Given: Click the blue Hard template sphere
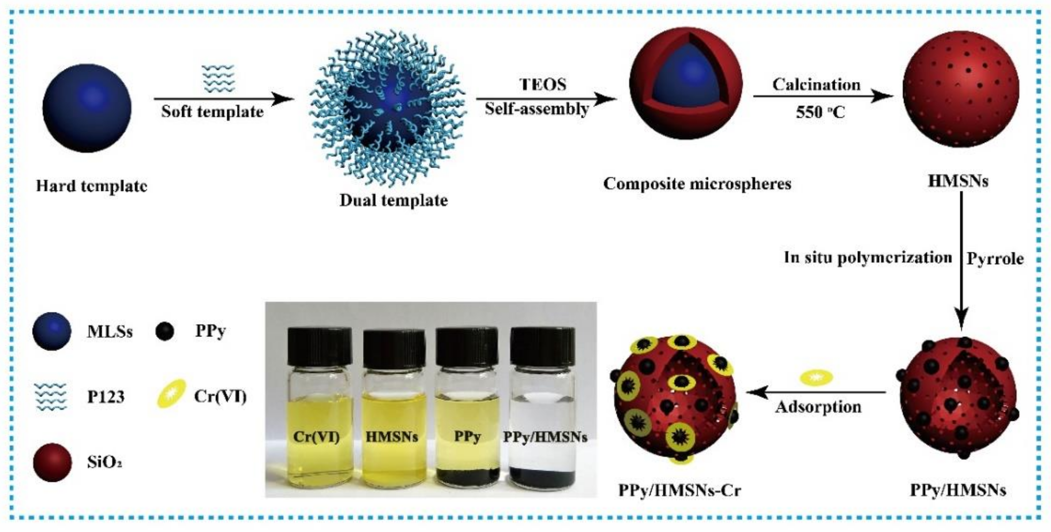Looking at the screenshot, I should coord(87,108).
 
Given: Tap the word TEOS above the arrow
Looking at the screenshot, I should coord(543,84).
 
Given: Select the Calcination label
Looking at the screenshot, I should coord(816,84).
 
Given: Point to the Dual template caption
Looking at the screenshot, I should coord(394,201).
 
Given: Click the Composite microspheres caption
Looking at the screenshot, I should coord(697,184).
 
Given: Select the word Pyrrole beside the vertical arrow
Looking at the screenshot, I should coord(995,259).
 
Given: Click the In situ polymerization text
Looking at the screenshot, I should coord(868,258).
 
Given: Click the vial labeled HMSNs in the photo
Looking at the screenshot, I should coord(394,412).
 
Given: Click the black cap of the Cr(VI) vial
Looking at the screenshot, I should coord(320,346).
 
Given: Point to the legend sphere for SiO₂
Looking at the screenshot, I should coord(52,463).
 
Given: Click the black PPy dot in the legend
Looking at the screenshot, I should coord(165,331).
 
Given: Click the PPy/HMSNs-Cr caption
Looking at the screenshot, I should coord(679,490).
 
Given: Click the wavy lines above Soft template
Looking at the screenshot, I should coord(219,78).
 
